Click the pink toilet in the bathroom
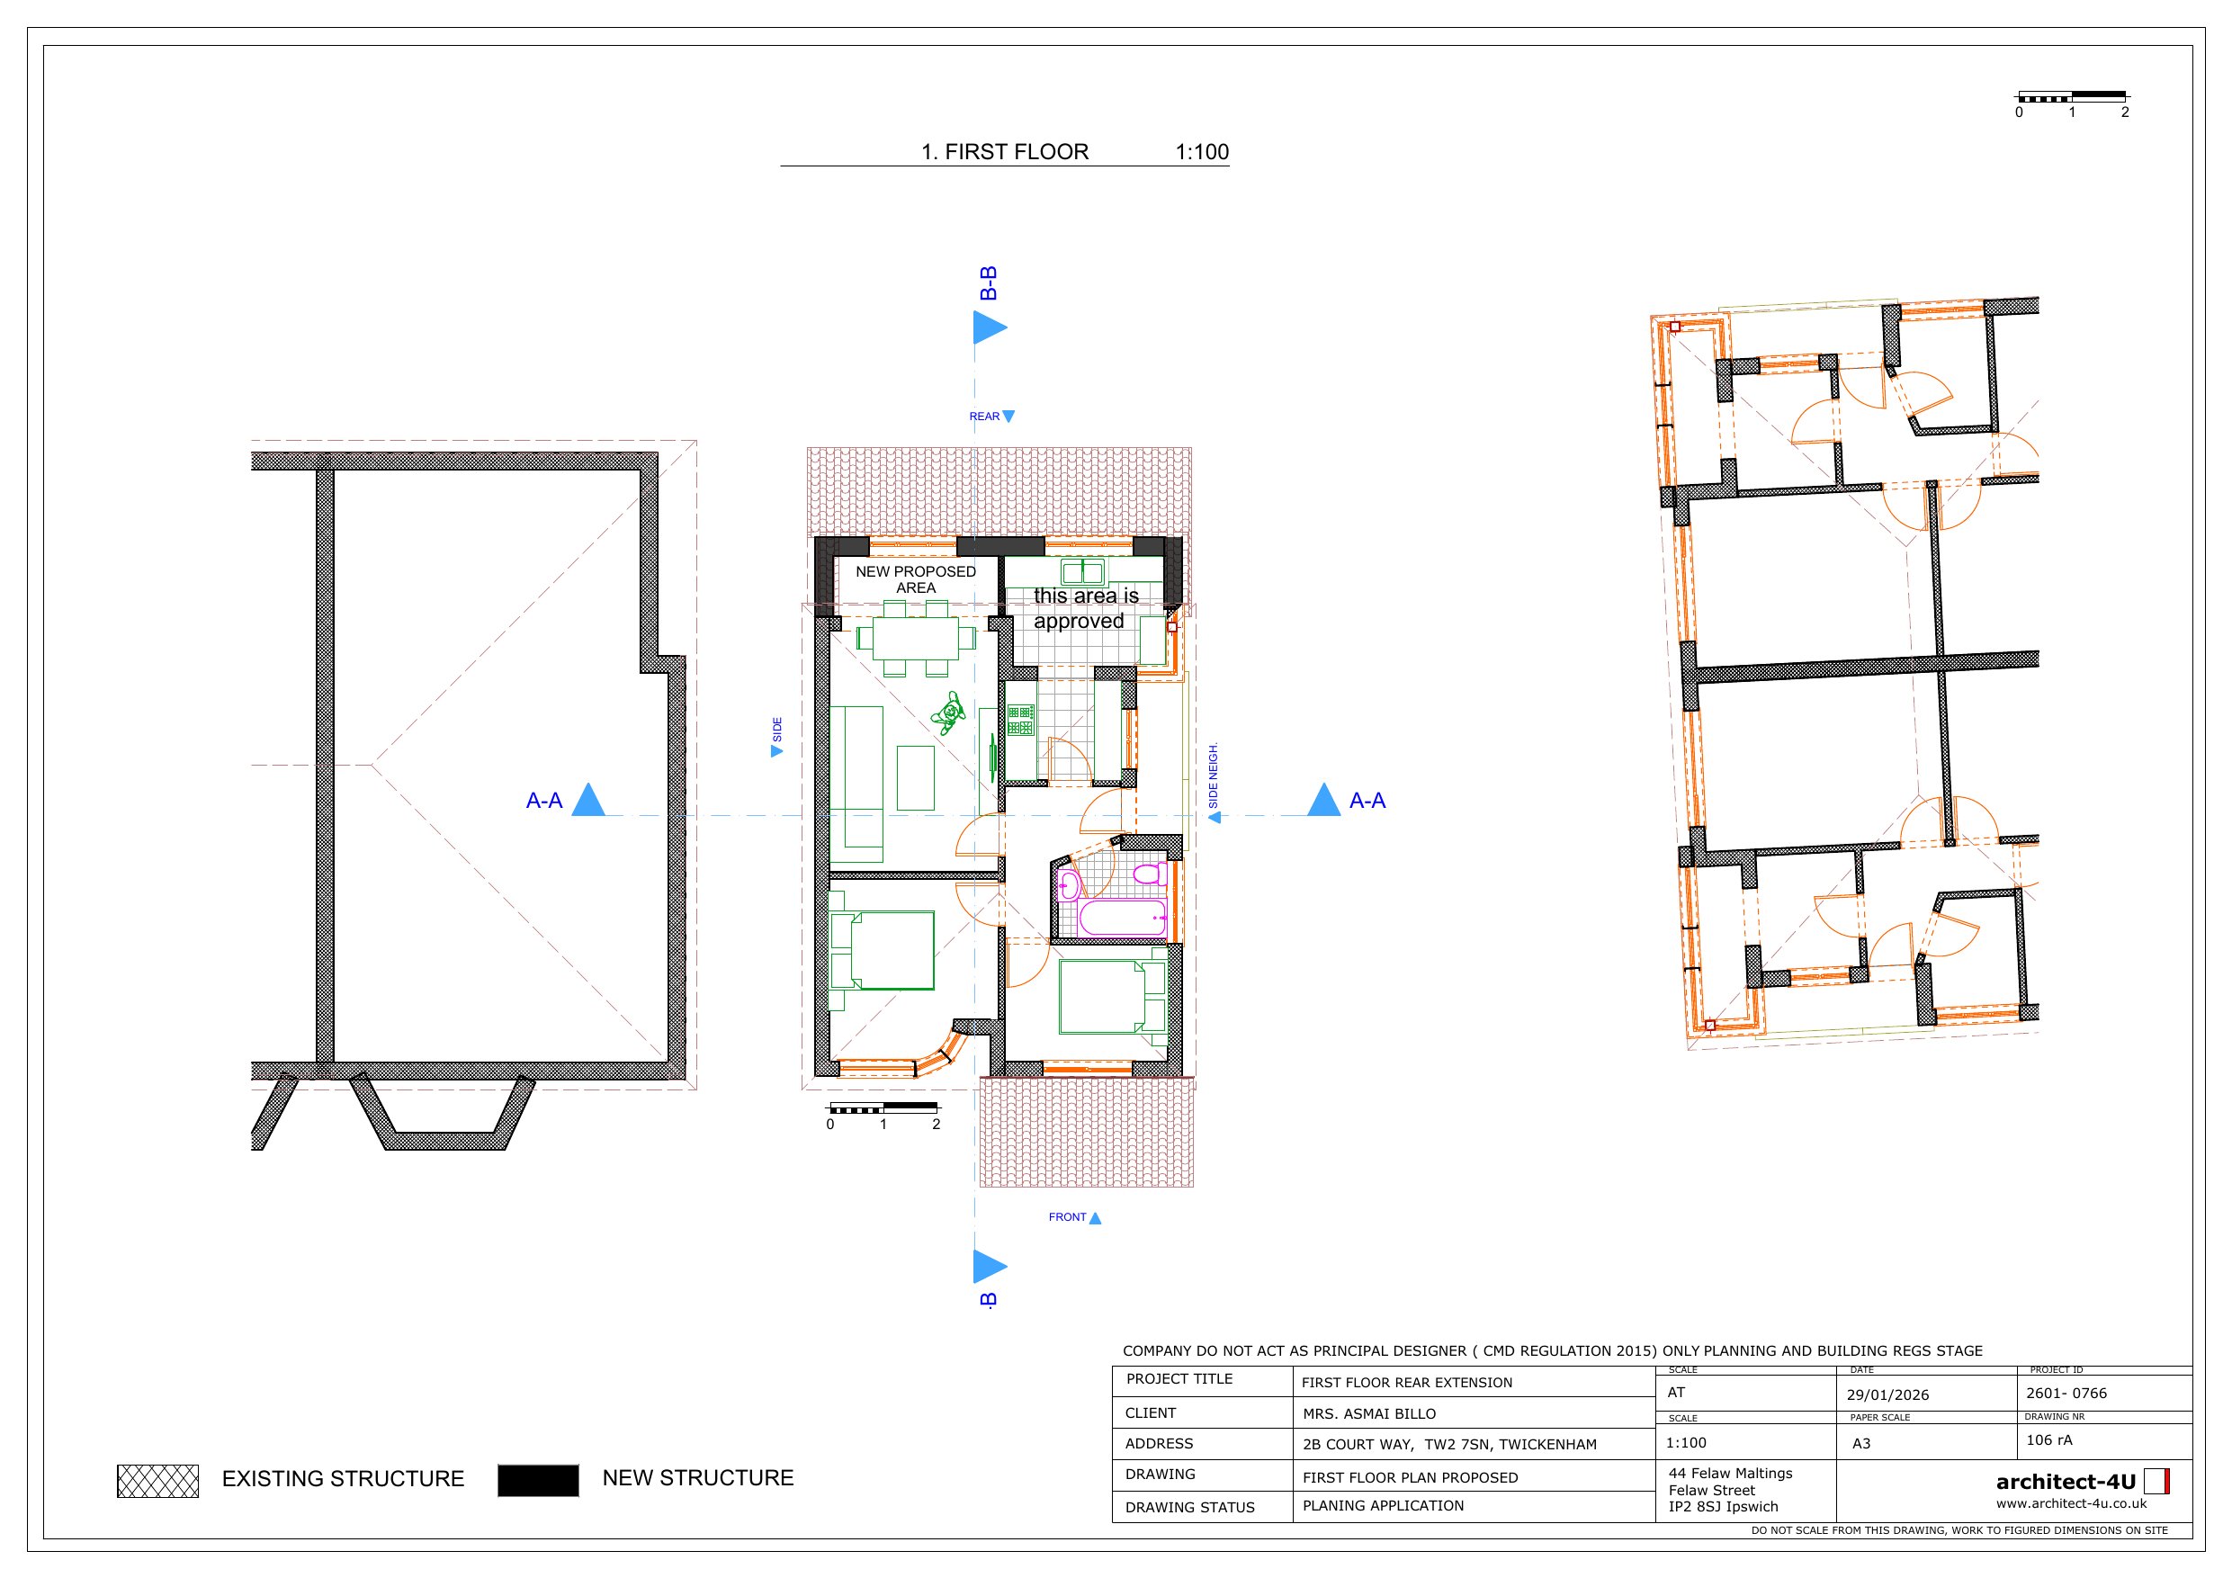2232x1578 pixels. point(1150,873)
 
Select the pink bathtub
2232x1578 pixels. point(1123,918)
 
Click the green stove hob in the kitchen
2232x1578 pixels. point(1020,721)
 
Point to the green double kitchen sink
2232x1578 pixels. point(1082,571)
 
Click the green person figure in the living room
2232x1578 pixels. point(948,713)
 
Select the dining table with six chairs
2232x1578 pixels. point(916,639)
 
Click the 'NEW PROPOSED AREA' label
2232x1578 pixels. point(916,579)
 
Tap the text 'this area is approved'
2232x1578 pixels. point(1085,607)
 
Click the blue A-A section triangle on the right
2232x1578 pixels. point(1324,799)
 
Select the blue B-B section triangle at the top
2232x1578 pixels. point(990,327)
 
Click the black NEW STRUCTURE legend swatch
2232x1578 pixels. point(538,1480)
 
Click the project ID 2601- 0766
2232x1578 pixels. point(2066,1394)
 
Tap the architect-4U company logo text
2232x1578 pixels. point(2066,1482)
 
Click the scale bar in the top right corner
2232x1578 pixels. point(2072,97)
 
